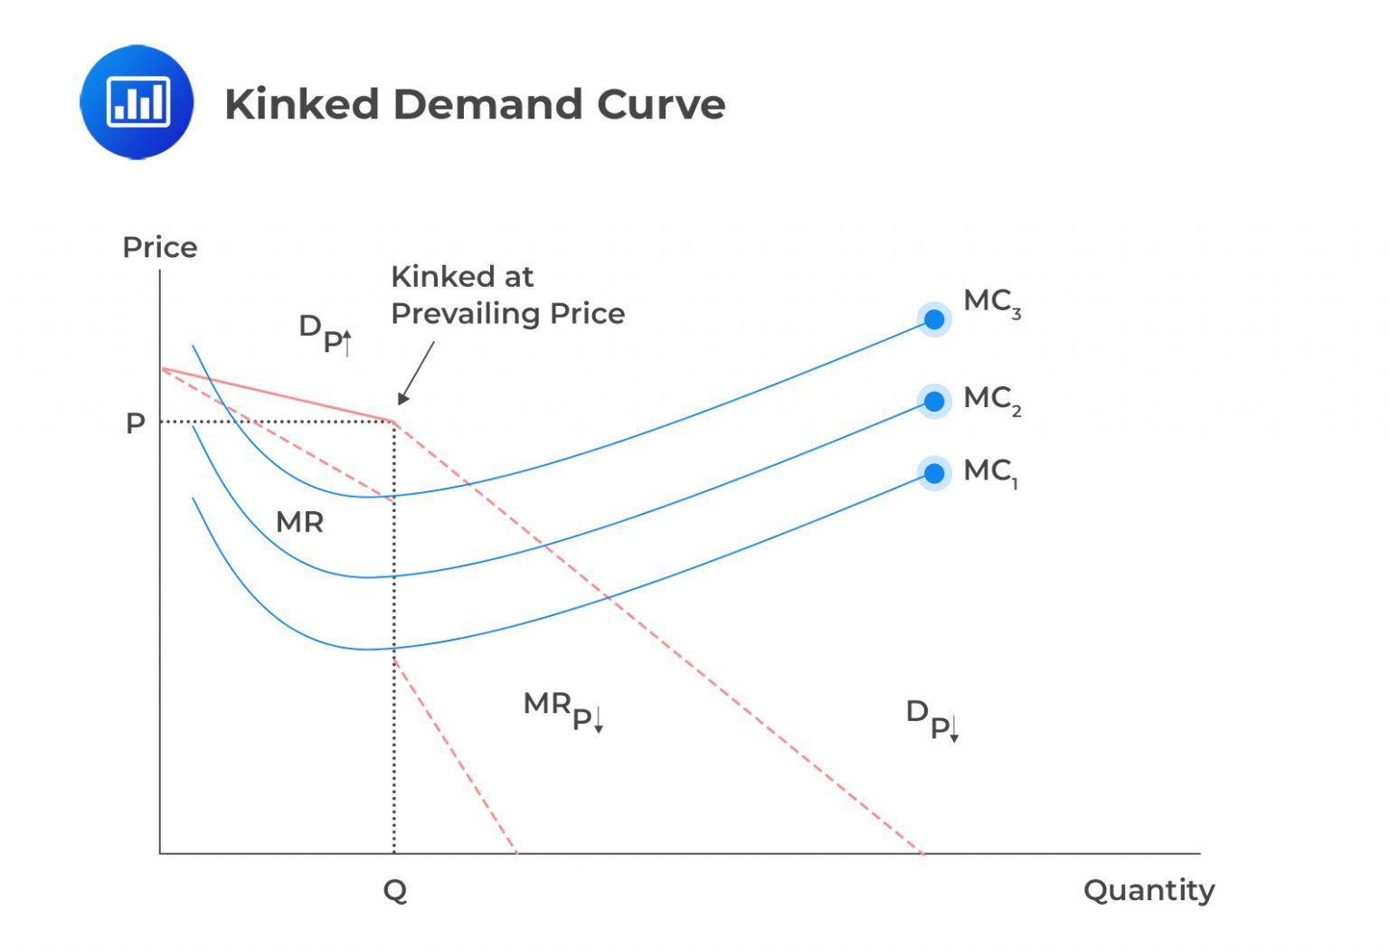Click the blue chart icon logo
pyautogui.click(x=137, y=102)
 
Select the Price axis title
pyautogui.click(x=160, y=247)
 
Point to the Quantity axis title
pyautogui.click(x=1148, y=890)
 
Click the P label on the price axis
pyautogui.click(x=136, y=423)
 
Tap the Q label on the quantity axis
pyautogui.click(x=395, y=891)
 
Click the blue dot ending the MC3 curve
pyautogui.click(x=934, y=319)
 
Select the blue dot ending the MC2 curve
pyautogui.click(x=934, y=401)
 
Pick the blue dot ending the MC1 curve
pyautogui.click(x=934, y=473)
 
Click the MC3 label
pyautogui.click(x=992, y=302)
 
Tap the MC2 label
pyautogui.click(x=992, y=399)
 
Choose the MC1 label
pyautogui.click(x=990, y=471)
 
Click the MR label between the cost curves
pyautogui.click(x=299, y=522)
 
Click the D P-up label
pyautogui.click(x=325, y=333)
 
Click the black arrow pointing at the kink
pyautogui.click(x=416, y=373)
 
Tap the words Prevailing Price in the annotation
pyautogui.click(x=507, y=314)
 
